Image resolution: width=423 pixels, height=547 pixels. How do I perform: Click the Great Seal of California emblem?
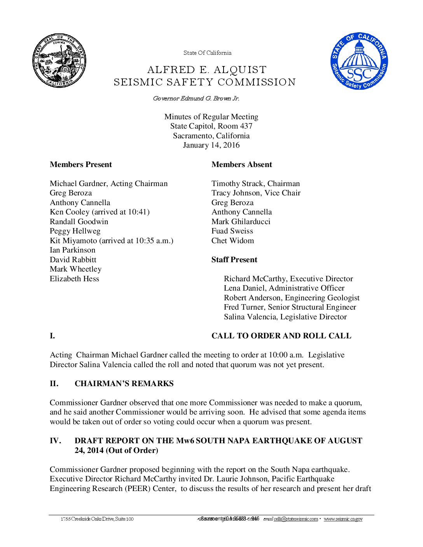pyautogui.click(x=59, y=60)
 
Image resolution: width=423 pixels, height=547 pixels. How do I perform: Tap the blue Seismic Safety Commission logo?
pyautogui.click(x=359, y=61)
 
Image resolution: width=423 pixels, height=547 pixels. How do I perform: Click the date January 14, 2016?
pyautogui.click(x=211, y=145)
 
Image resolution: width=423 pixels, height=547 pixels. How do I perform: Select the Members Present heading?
pyautogui.click(x=80, y=165)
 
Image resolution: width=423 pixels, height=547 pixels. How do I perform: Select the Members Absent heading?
pyautogui.click(x=241, y=165)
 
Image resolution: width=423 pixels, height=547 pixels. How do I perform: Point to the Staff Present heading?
pyautogui.click(x=234, y=260)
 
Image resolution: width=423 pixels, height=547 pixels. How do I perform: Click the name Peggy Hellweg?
pyautogui.click(x=75, y=231)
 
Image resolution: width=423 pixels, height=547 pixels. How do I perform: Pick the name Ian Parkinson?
pyautogui.click(x=72, y=250)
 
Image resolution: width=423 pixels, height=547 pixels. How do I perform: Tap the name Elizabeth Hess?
pyautogui.click(x=74, y=279)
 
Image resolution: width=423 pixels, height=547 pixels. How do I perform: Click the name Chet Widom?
pyautogui.click(x=232, y=241)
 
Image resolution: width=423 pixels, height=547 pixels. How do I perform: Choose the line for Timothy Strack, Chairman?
pyautogui.click(x=255, y=184)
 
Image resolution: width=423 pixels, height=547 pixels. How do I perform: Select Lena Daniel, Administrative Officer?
pyautogui.click(x=284, y=288)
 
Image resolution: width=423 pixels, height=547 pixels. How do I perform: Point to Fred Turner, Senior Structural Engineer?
pyautogui.click(x=290, y=307)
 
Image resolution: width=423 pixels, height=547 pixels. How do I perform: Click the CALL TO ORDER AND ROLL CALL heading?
pyautogui.click(x=281, y=336)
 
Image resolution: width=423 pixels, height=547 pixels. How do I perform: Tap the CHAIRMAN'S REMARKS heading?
pyautogui.click(x=124, y=384)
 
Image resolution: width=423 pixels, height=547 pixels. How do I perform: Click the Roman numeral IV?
pyautogui.click(x=55, y=441)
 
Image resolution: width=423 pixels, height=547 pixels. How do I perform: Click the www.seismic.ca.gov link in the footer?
pyautogui.click(x=343, y=519)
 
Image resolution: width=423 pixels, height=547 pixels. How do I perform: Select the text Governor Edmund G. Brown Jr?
pyautogui.click(x=196, y=99)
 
